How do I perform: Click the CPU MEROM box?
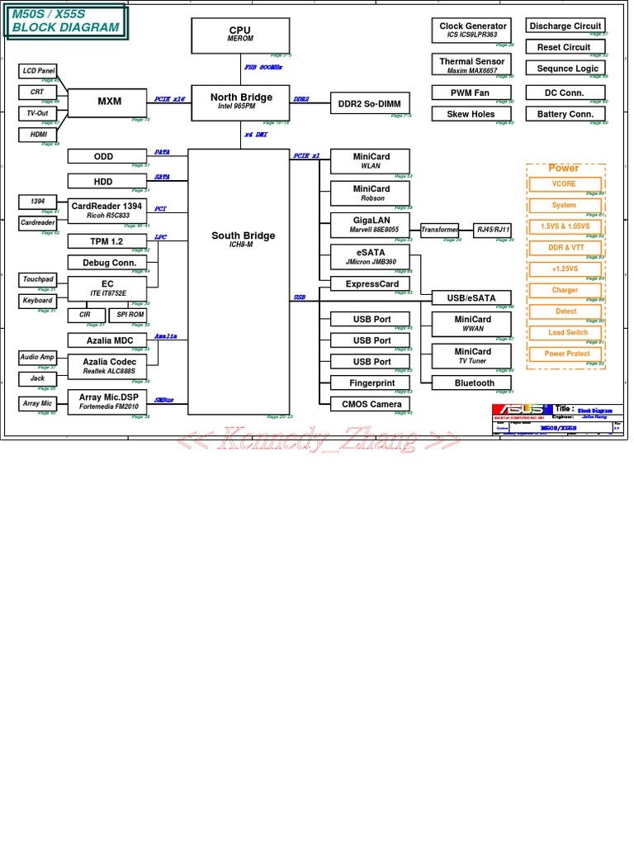(240, 35)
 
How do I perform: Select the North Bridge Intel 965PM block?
(240, 102)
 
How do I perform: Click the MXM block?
(109, 102)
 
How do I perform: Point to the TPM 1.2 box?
(106, 241)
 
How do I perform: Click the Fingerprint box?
(371, 383)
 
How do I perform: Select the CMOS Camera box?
(371, 404)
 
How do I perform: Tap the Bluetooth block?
(474, 383)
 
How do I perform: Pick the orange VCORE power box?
(565, 183)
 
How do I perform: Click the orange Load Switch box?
(567, 332)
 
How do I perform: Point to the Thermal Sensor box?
(472, 65)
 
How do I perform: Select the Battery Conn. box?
(565, 114)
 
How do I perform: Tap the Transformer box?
(439, 231)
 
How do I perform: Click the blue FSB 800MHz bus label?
(263, 68)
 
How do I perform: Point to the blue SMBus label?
(163, 400)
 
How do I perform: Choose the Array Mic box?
(37, 403)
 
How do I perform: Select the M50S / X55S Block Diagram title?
(65, 21)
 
